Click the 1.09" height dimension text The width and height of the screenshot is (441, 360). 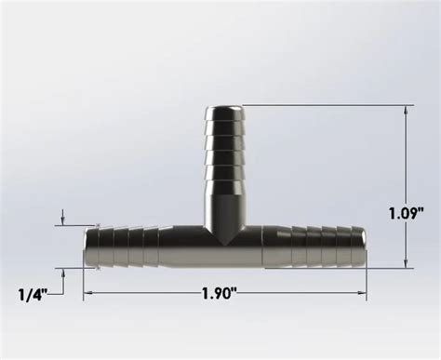point(407,212)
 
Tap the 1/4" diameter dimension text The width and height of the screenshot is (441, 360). point(33,293)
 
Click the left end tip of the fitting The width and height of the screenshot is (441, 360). point(85,246)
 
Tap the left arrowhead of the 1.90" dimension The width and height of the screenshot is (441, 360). point(88,293)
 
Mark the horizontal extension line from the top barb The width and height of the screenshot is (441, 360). point(326,105)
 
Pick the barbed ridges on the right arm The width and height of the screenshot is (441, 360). point(326,246)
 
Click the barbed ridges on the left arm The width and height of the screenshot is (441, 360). point(121,246)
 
